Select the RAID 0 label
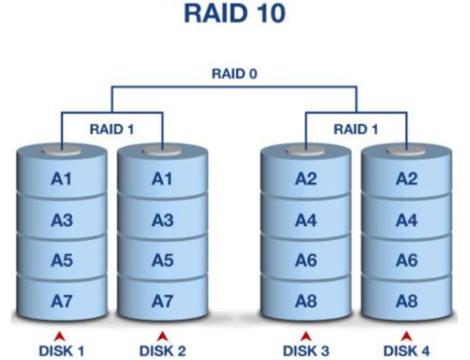click(x=235, y=76)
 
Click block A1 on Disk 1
click(x=62, y=180)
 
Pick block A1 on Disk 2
click(x=163, y=180)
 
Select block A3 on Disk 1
click(x=62, y=220)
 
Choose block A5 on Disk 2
click(x=163, y=259)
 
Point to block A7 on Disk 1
click(x=62, y=299)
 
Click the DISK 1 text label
click(x=62, y=349)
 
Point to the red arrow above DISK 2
click(x=163, y=334)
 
